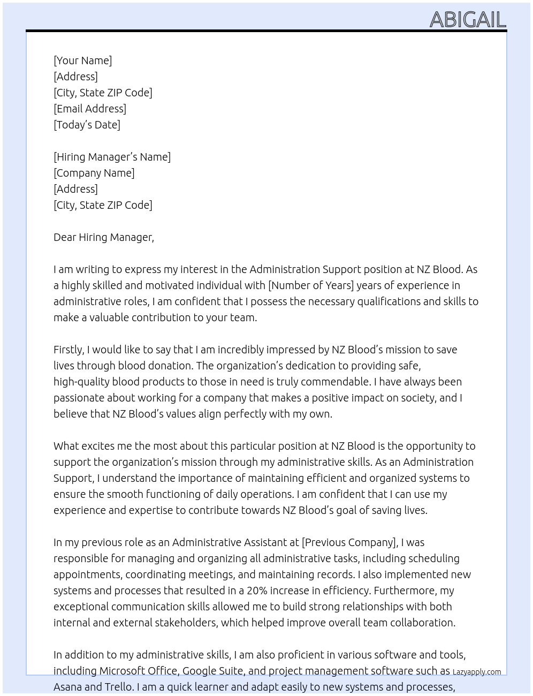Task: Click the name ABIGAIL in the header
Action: [x=468, y=19]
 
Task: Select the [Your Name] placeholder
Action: [x=82, y=60]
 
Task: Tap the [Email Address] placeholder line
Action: [x=90, y=109]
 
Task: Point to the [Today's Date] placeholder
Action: [x=87, y=125]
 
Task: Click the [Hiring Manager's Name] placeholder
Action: [x=112, y=157]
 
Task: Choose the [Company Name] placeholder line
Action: [x=94, y=173]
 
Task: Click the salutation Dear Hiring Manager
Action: [x=103, y=237]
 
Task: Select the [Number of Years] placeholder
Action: [x=311, y=285]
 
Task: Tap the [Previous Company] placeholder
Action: [x=349, y=542]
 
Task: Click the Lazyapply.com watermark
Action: [x=477, y=672]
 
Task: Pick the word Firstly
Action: [x=68, y=350]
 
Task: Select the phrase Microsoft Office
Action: [x=138, y=671]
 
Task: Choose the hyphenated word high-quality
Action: [x=85, y=382]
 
